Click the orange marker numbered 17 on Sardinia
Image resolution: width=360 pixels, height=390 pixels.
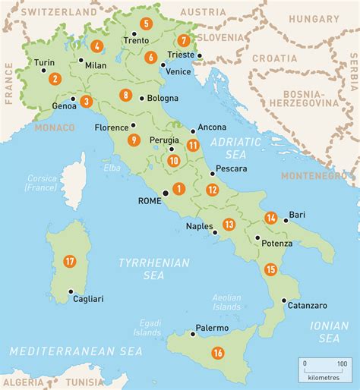point(70,261)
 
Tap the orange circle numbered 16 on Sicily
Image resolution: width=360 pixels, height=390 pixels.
point(218,352)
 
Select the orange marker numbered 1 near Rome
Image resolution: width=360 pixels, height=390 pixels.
point(179,189)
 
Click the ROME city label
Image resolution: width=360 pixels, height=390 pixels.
point(149,203)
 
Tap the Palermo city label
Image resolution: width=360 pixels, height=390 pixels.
point(212,328)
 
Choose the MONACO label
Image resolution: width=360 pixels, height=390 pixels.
point(54,128)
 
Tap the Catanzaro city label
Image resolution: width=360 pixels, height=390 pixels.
point(307,305)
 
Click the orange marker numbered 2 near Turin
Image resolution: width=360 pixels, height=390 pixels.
point(54,78)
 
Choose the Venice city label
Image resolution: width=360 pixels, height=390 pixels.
point(178,71)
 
